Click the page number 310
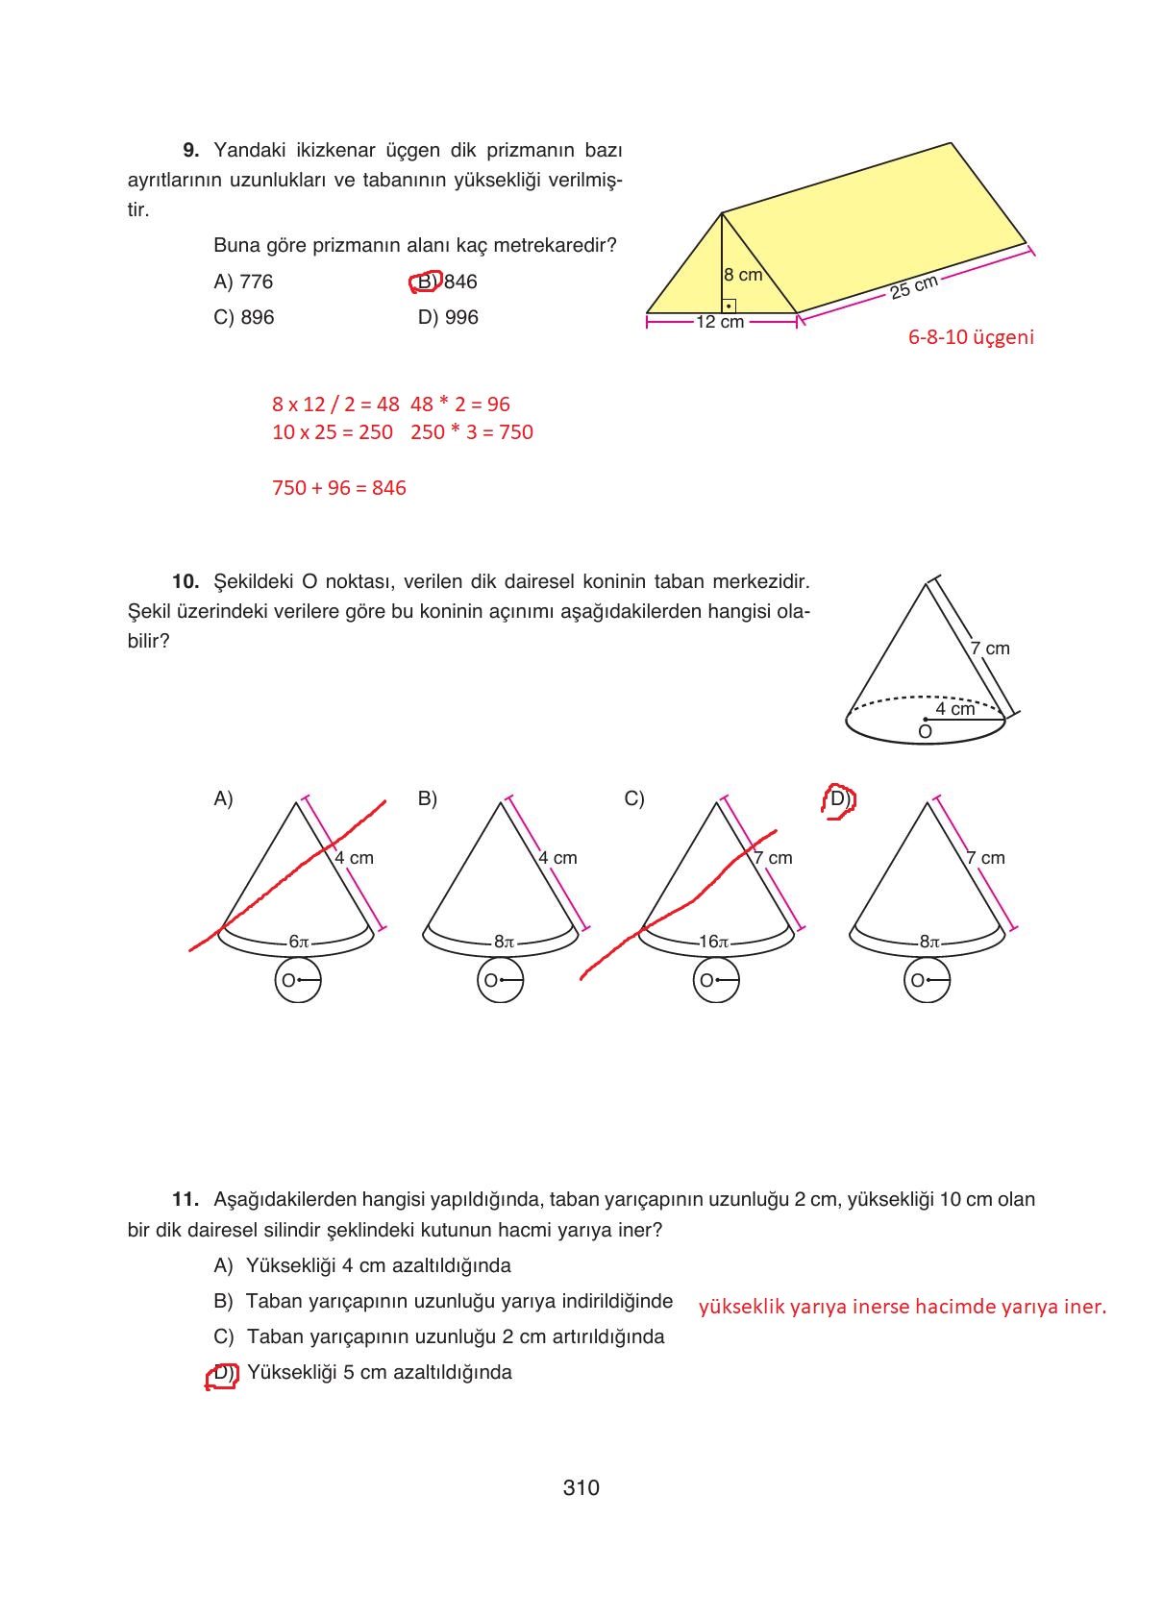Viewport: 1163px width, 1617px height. click(x=581, y=1487)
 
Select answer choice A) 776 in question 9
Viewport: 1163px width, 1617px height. click(x=243, y=282)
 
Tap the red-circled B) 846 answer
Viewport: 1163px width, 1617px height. click(x=444, y=282)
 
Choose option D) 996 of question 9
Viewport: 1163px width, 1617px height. click(x=447, y=317)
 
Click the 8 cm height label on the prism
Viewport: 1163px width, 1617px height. click(x=743, y=275)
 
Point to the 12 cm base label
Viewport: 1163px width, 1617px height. click(x=720, y=322)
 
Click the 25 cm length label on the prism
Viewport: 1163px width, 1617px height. click(x=913, y=286)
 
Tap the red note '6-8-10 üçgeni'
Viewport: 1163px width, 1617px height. click(x=971, y=337)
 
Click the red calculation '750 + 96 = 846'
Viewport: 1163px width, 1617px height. click(x=338, y=488)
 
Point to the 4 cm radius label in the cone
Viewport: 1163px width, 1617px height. click(x=955, y=708)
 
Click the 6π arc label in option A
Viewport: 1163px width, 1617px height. click(x=299, y=942)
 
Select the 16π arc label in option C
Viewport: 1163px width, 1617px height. click(x=713, y=942)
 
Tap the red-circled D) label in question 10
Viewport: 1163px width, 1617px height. click(x=838, y=799)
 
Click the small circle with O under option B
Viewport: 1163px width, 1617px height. click(x=500, y=981)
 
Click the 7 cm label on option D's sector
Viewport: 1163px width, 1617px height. click(x=985, y=858)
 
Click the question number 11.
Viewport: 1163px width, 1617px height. click(x=185, y=1199)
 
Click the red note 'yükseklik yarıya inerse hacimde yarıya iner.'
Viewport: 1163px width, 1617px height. click(x=902, y=1307)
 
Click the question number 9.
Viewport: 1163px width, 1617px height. click(x=190, y=150)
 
